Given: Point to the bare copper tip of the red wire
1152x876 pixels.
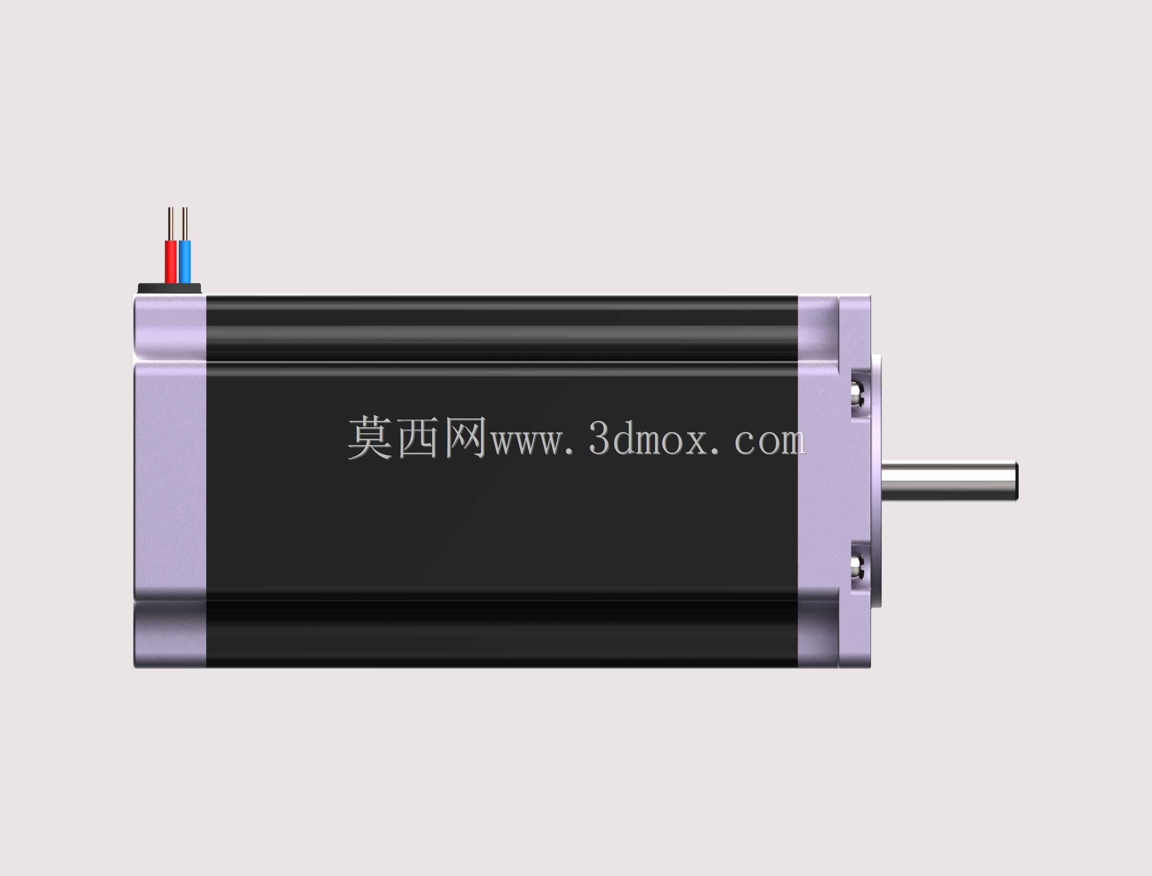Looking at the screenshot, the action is (x=170, y=224).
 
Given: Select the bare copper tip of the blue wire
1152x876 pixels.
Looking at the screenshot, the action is (x=184, y=224).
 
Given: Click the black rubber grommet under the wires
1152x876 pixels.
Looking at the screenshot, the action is (x=169, y=288).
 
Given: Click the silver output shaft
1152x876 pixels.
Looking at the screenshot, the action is (x=950, y=481).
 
